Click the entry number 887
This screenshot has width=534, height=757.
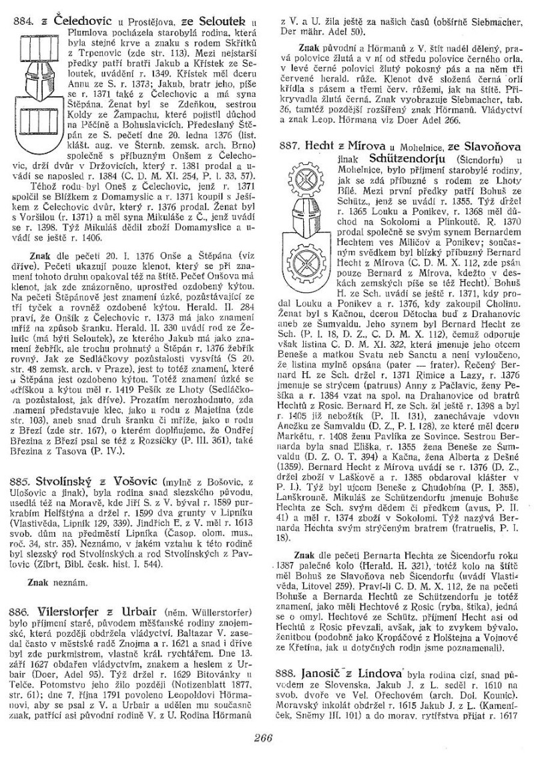292,146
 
